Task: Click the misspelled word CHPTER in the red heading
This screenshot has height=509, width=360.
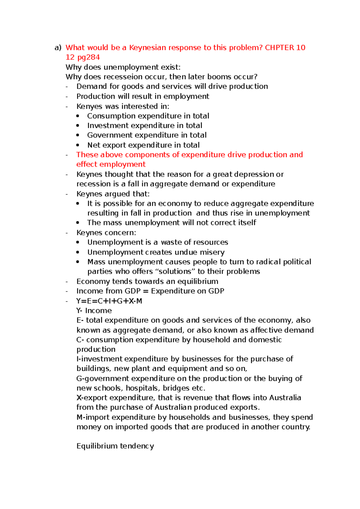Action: point(279,48)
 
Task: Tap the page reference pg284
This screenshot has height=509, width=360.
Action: point(88,57)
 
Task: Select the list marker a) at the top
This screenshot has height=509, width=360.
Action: point(58,48)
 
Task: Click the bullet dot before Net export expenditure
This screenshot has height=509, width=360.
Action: point(78,145)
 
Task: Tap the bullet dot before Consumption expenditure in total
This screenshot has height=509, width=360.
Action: point(78,116)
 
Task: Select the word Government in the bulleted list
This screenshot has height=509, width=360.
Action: point(110,135)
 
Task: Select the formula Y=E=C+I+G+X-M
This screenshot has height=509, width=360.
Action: point(109,301)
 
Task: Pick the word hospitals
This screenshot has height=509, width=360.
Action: point(143,388)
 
